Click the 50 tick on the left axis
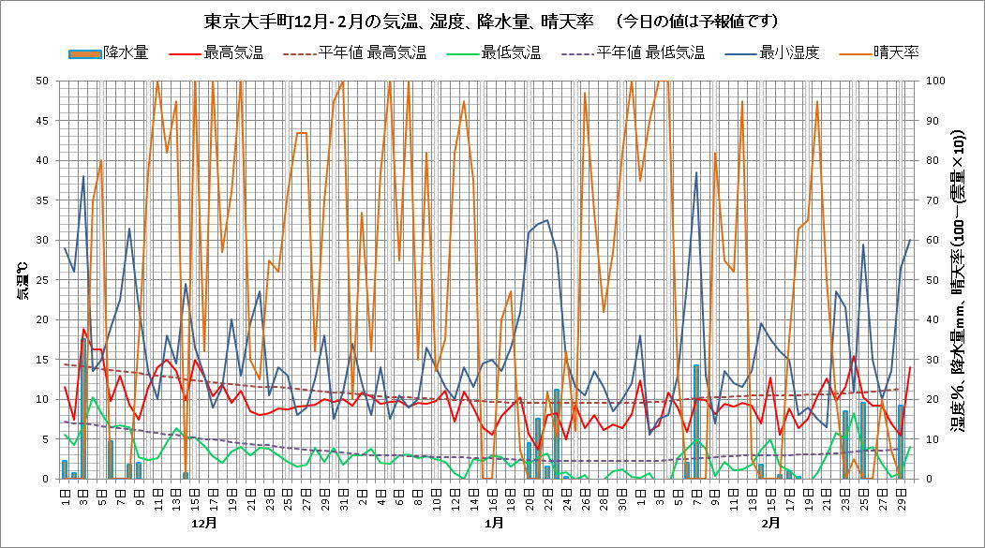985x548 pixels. click(42, 81)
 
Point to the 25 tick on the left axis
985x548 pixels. click(42, 279)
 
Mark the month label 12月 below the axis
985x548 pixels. click(203, 522)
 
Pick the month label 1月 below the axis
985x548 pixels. click(494, 522)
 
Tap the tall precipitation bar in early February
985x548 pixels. click(696, 422)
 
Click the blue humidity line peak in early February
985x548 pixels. click(696, 173)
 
